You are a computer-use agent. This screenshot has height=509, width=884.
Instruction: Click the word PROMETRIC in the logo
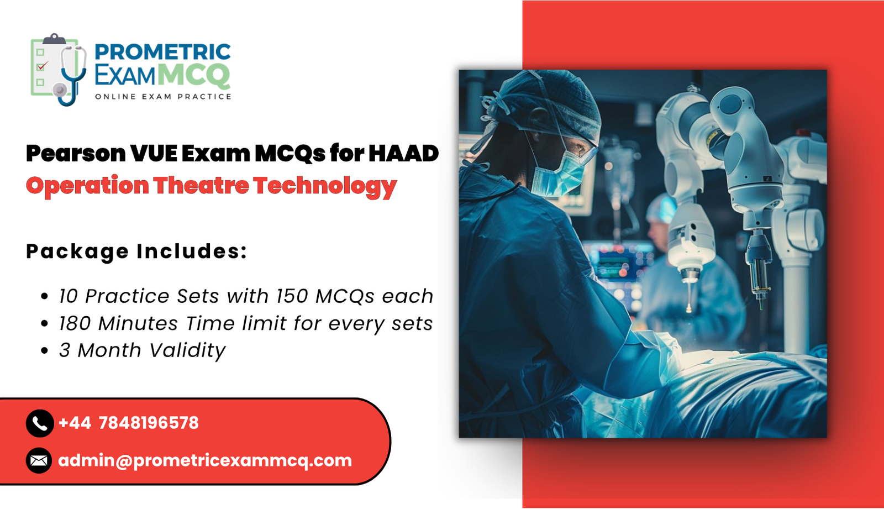click(x=162, y=52)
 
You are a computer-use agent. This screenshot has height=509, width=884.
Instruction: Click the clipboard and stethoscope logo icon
click(x=59, y=69)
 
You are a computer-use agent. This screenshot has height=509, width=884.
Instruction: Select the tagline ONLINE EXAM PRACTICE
click(x=163, y=97)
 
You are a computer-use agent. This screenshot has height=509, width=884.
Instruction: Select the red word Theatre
click(x=201, y=186)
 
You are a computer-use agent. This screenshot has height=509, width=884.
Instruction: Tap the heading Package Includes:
click(x=136, y=251)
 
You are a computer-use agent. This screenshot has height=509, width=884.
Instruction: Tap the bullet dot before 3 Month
click(x=45, y=351)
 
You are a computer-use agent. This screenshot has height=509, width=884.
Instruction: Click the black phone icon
click(x=39, y=423)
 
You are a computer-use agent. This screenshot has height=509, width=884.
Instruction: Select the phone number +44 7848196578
click(x=128, y=423)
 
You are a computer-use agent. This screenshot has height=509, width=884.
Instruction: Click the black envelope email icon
click(x=39, y=460)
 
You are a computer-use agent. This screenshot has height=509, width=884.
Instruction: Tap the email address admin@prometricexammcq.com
click(x=205, y=460)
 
